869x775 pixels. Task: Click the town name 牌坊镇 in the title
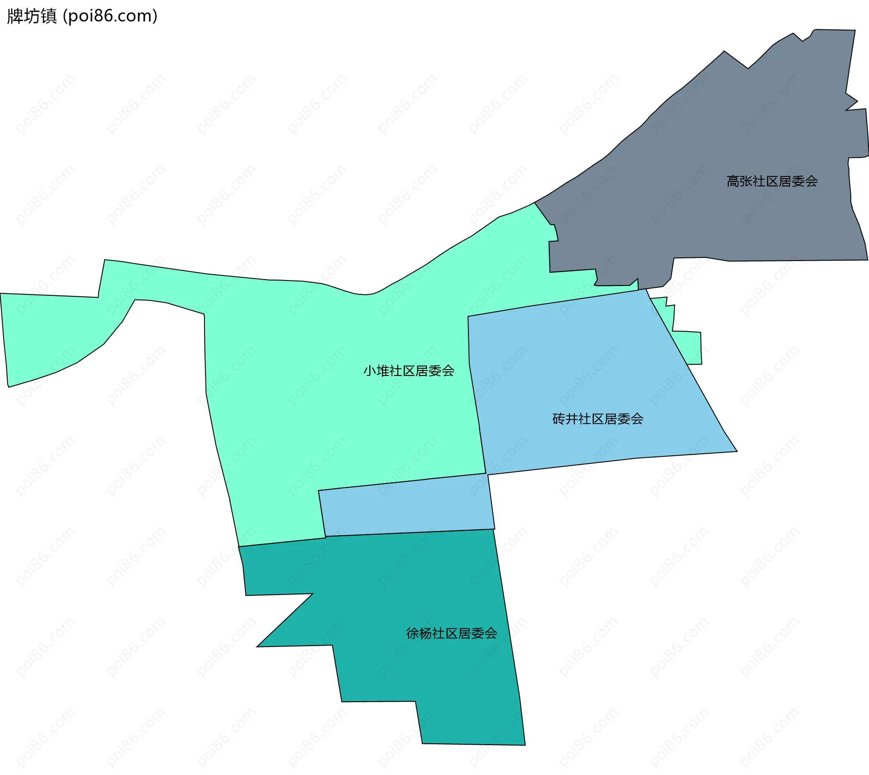(x=32, y=16)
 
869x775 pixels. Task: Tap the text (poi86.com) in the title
(x=110, y=16)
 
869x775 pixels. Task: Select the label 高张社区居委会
(x=772, y=181)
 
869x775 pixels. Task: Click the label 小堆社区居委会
(x=409, y=371)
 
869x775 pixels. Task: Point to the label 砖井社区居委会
(x=597, y=419)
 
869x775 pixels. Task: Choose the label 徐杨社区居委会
(x=451, y=633)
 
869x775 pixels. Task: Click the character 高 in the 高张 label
(x=733, y=181)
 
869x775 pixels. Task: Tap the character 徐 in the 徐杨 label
(x=412, y=633)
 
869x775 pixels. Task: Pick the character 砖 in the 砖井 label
(x=559, y=419)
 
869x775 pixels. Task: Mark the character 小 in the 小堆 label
(x=370, y=371)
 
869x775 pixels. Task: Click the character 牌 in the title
(x=15, y=16)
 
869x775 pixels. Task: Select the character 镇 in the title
(x=49, y=16)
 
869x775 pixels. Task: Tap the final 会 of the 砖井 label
(x=637, y=419)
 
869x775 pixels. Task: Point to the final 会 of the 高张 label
(x=811, y=181)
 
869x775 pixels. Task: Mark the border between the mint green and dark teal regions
(x=281, y=542)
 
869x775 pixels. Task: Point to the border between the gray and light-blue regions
(x=643, y=289)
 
